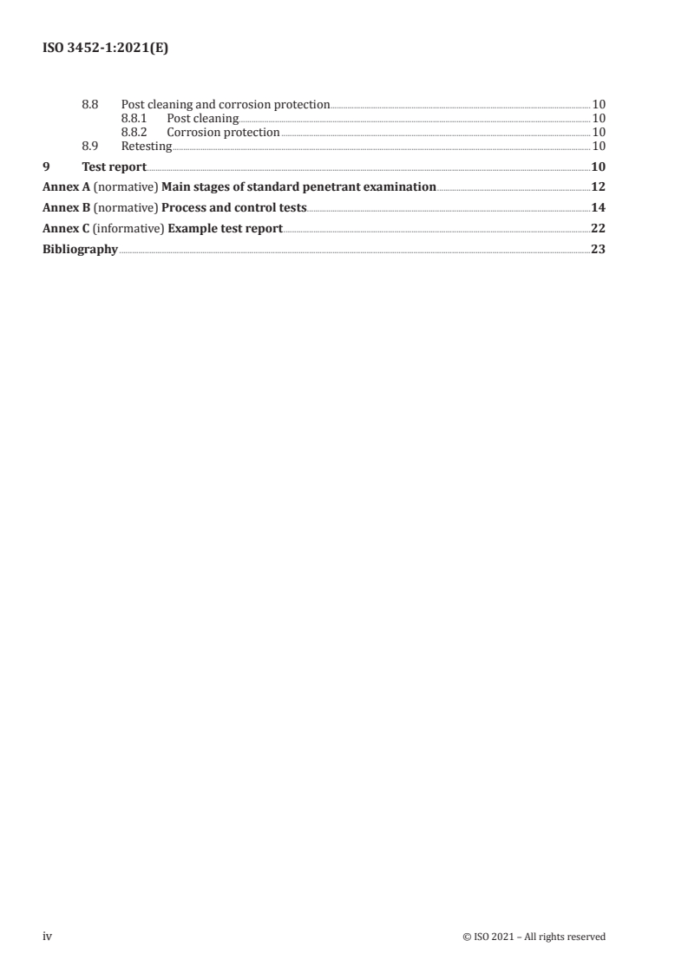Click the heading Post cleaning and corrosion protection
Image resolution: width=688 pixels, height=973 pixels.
tap(226, 105)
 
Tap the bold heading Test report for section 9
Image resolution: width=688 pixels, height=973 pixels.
tap(114, 167)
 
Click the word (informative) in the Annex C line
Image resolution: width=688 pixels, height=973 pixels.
tap(128, 229)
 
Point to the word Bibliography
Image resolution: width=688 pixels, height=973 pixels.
tap(80, 250)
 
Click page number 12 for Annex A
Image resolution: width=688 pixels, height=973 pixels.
tap(598, 186)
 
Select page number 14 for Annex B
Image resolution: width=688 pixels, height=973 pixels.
tap(598, 208)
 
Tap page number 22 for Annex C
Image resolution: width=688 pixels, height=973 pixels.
tap(598, 229)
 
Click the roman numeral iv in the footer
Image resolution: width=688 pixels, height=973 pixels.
tap(48, 937)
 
